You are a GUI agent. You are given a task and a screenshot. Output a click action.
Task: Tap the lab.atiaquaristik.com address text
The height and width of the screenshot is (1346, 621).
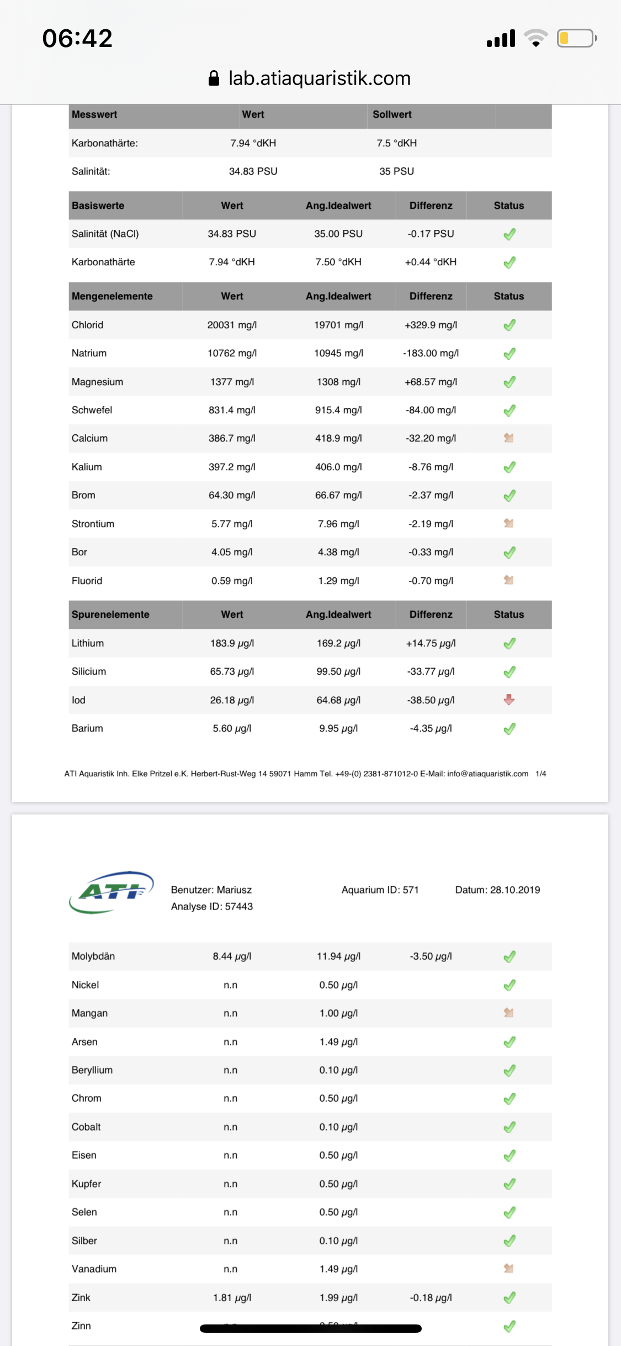click(319, 78)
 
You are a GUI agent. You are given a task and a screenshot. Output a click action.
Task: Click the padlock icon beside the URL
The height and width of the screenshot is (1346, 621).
click(214, 78)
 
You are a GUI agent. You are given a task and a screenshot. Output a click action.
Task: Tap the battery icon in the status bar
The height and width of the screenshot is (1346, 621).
click(576, 38)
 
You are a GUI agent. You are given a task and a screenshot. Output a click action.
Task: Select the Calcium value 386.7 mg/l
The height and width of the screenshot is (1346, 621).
click(232, 438)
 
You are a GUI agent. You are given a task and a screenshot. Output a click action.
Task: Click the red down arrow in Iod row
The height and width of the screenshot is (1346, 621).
click(509, 700)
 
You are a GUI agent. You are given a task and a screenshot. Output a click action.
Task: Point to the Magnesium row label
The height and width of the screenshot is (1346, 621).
click(97, 382)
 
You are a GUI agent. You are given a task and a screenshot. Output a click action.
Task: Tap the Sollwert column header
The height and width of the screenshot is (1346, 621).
click(392, 114)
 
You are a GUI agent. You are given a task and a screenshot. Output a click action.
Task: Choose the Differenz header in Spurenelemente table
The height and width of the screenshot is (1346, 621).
click(431, 614)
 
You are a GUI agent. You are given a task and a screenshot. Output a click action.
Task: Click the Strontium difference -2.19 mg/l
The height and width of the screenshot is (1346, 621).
click(431, 524)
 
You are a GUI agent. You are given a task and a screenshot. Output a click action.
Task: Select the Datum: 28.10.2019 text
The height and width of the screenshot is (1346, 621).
click(497, 890)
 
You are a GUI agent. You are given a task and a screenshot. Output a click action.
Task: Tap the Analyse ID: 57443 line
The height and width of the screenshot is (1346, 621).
click(212, 906)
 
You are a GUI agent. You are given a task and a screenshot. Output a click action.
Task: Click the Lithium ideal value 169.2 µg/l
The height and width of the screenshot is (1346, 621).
click(338, 643)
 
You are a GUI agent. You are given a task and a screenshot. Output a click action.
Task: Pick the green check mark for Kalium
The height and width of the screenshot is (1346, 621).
click(509, 467)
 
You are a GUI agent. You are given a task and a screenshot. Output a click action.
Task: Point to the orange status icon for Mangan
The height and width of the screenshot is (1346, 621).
click(509, 1013)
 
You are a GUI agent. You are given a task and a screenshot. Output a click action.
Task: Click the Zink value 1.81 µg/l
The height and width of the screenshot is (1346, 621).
click(232, 1297)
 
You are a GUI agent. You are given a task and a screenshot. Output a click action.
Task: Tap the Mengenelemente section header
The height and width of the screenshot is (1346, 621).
click(112, 296)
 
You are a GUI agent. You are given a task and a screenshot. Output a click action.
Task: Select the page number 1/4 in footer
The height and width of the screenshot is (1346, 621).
click(541, 774)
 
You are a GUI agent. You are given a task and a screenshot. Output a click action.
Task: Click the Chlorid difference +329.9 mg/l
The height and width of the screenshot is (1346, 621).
click(431, 325)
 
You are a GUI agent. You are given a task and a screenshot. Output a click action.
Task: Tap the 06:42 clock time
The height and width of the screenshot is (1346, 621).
click(77, 39)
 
